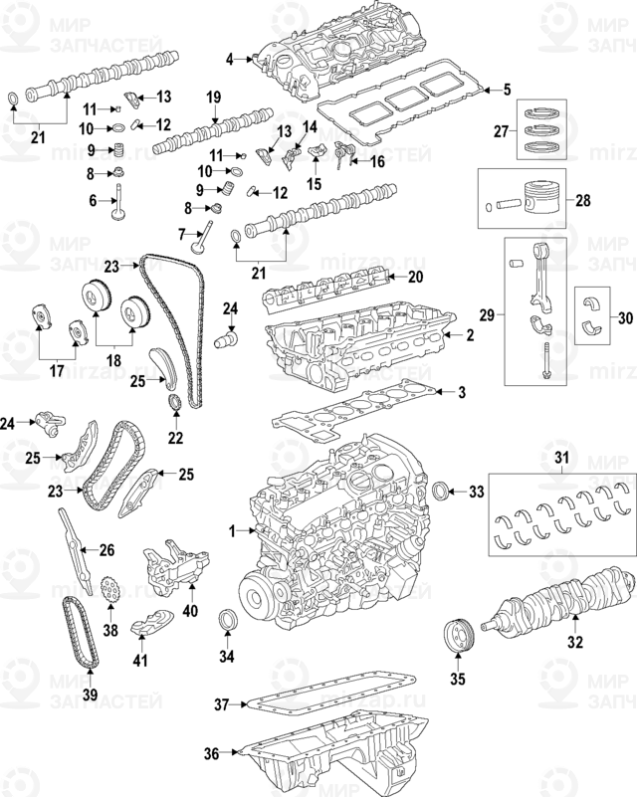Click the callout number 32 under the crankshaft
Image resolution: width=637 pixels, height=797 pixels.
tap(574, 642)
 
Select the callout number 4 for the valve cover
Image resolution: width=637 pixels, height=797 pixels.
tap(228, 60)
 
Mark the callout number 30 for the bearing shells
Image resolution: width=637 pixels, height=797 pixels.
tap(625, 318)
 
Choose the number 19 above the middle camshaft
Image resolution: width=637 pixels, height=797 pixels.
tap(212, 97)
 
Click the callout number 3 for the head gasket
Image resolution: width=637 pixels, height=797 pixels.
tap(461, 392)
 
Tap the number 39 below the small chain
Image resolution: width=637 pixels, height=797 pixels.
tap(91, 694)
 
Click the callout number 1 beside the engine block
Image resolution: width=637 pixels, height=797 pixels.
tap(232, 531)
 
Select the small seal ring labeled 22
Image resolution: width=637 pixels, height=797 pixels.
tap(176, 403)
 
